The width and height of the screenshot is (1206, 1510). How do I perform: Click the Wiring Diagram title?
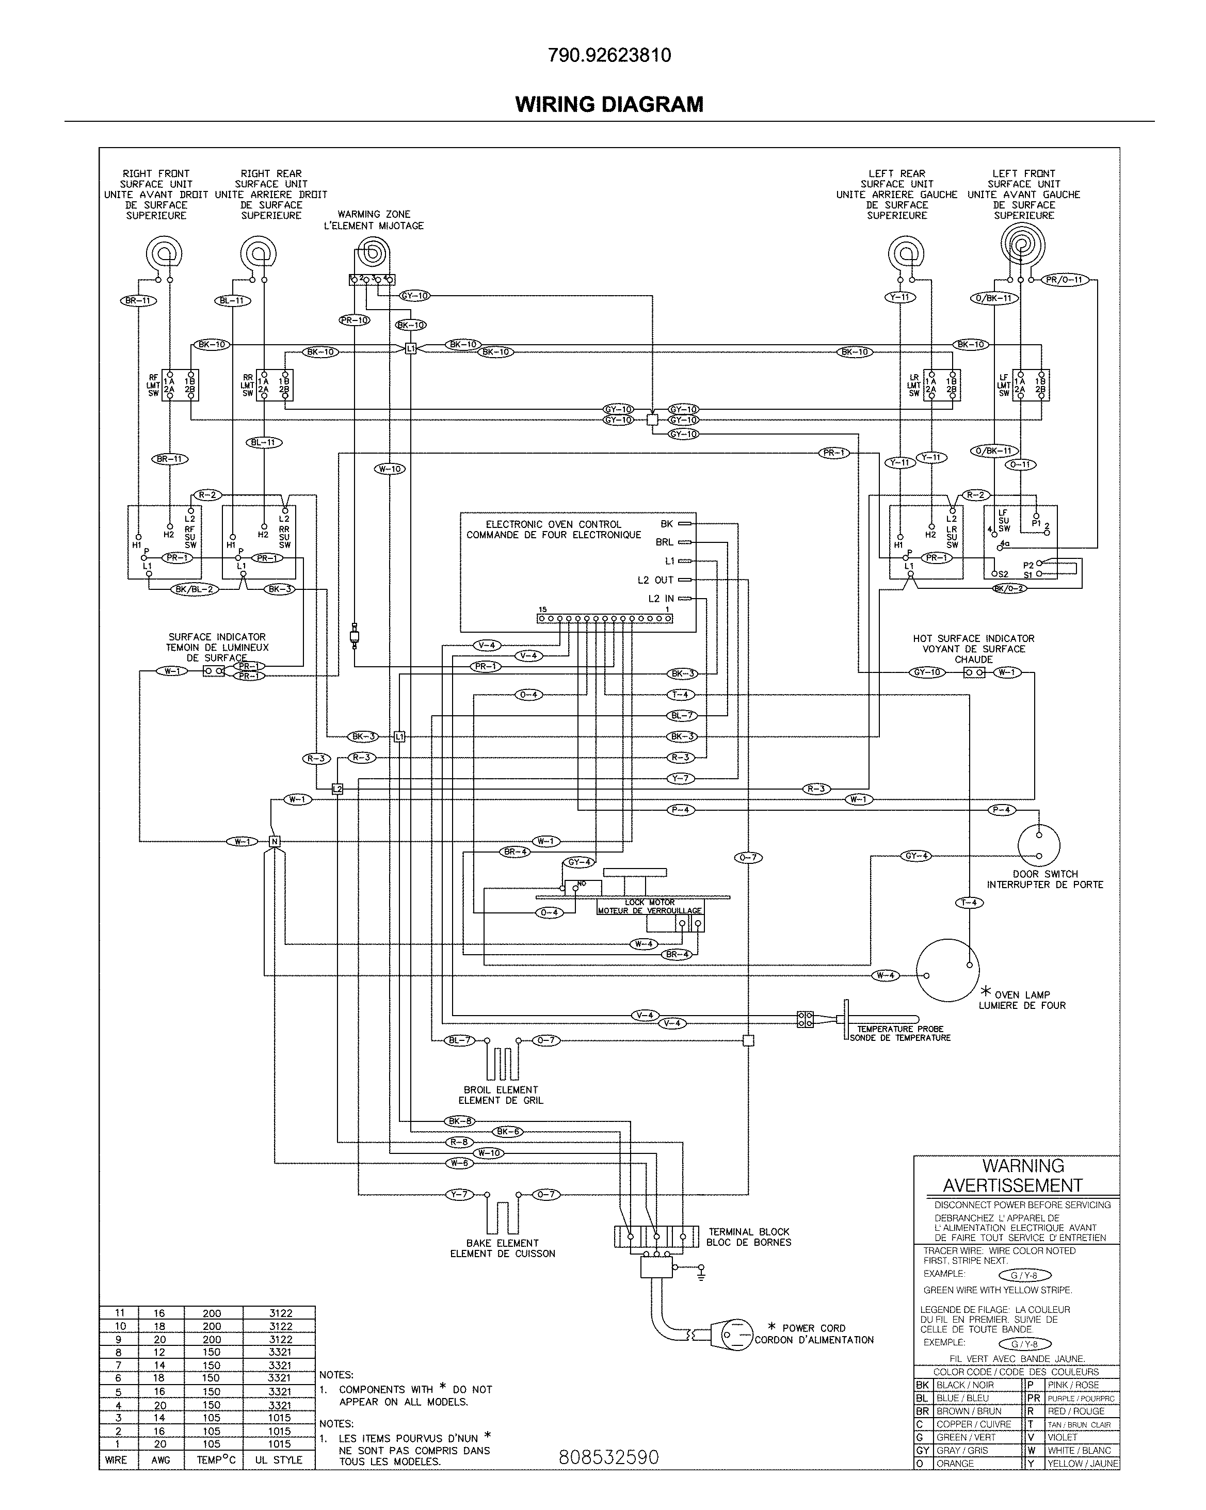(x=608, y=104)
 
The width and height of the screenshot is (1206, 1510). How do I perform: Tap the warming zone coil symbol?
(x=373, y=251)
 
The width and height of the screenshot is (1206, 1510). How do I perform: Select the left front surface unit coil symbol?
(x=1022, y=245)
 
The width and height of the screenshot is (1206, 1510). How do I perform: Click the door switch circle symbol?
(x=1039, y=845)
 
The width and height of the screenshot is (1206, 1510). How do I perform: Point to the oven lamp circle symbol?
(x=947, y=970)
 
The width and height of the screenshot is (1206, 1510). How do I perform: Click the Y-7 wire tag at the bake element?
(x=459, y=1194)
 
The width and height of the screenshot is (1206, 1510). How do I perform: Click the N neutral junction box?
(x=275, y=841)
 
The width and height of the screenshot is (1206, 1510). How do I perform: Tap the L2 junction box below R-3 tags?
(x=337, y=789)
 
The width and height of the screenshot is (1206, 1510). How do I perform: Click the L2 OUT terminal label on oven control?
(x=655, y=580)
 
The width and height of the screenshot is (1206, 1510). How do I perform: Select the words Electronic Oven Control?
(x=553, y=524)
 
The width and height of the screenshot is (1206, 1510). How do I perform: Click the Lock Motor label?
(x=649, y=902)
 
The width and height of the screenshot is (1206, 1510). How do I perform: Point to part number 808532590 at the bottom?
(x=608, y=1457)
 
